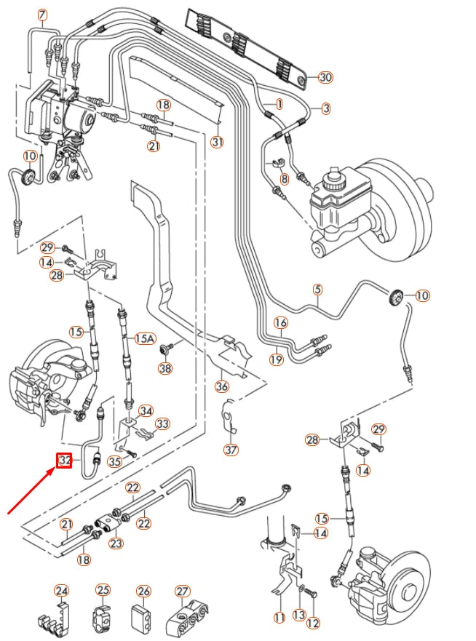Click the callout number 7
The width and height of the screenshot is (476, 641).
pyautogui.click(x=41, y=15)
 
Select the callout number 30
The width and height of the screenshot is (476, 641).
pyautogui.click(x=325, y=77)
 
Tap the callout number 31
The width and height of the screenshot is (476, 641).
pyautogui.click(x=217, y=142)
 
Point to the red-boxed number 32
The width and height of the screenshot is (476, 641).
pyautogui.click(x=65, y=460)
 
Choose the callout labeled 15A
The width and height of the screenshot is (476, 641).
pyautogui.click(x=146, y=338)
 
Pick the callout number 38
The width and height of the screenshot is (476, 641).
pyautogui.click(x=166, y=369)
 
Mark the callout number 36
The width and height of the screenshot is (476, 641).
pyautogui.click(x=222, y=386)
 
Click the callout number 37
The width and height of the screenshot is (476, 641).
pyautogui.click(x=231, y=450)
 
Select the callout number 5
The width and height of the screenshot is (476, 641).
pyautogui.click(x=317, y=290)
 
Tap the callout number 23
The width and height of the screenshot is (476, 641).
pyautogui.click(x=116, y=543)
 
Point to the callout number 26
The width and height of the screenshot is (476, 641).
pyautogui.click(x=143, y=590)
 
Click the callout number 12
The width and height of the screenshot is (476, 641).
pyautogui.click(x=313, y=623)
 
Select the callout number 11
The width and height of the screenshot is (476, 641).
pyautogui.click(x=279, y=617)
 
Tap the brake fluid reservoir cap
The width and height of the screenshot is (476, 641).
pyautogui.click(x=335, y=175)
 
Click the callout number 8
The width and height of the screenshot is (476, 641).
pyautogui.click(x=284, y=178)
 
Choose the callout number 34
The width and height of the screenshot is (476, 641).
pyautogui.click(x=146, y=412)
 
